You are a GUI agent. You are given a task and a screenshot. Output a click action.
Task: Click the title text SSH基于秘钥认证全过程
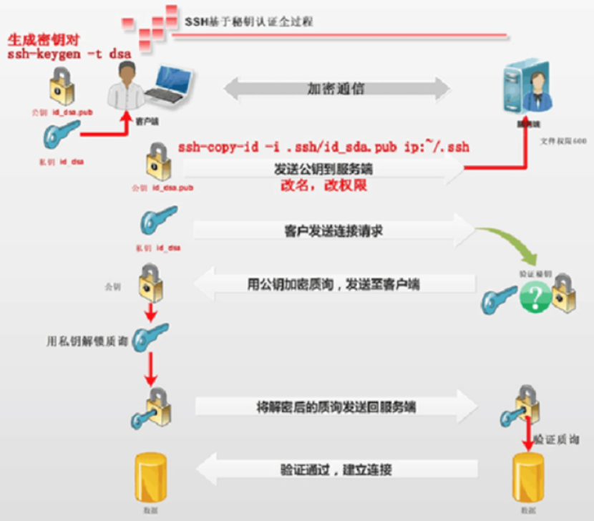248,21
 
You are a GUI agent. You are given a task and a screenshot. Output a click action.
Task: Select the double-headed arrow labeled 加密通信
336,89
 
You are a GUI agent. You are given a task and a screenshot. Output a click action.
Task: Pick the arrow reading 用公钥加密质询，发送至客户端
333,284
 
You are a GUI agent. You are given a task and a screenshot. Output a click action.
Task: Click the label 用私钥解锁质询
87,341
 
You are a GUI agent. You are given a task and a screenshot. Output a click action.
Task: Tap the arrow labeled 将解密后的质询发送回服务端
336,406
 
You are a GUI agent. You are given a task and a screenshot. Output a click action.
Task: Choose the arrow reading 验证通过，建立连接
336,470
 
